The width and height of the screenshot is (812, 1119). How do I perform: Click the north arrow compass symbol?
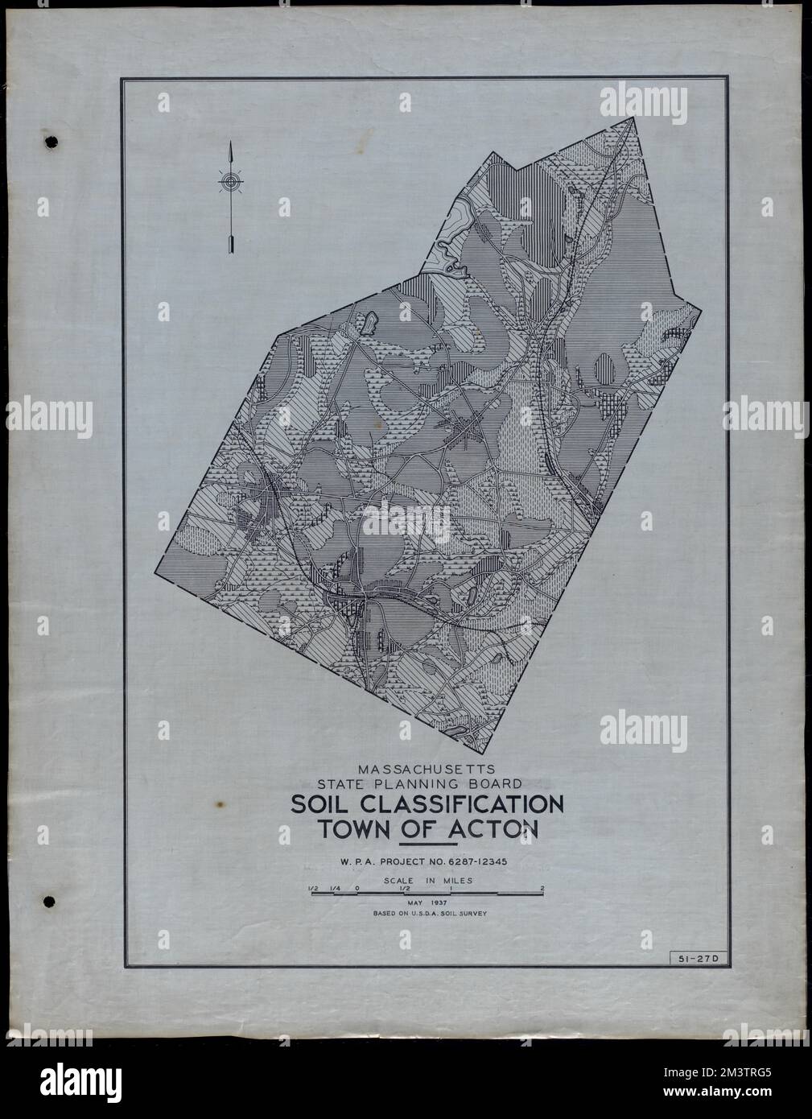click(x=231, y=184)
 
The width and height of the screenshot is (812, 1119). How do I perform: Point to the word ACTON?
click(x=493, y=830)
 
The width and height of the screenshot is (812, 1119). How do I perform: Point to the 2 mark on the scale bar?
click(x=543, y=889)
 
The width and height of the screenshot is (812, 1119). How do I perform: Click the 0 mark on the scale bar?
click(x=357, y=889)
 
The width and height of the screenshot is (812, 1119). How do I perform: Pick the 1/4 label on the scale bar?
click(x=333, y=889)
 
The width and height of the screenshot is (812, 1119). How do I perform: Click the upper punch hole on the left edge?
click(x=52, y=141)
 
